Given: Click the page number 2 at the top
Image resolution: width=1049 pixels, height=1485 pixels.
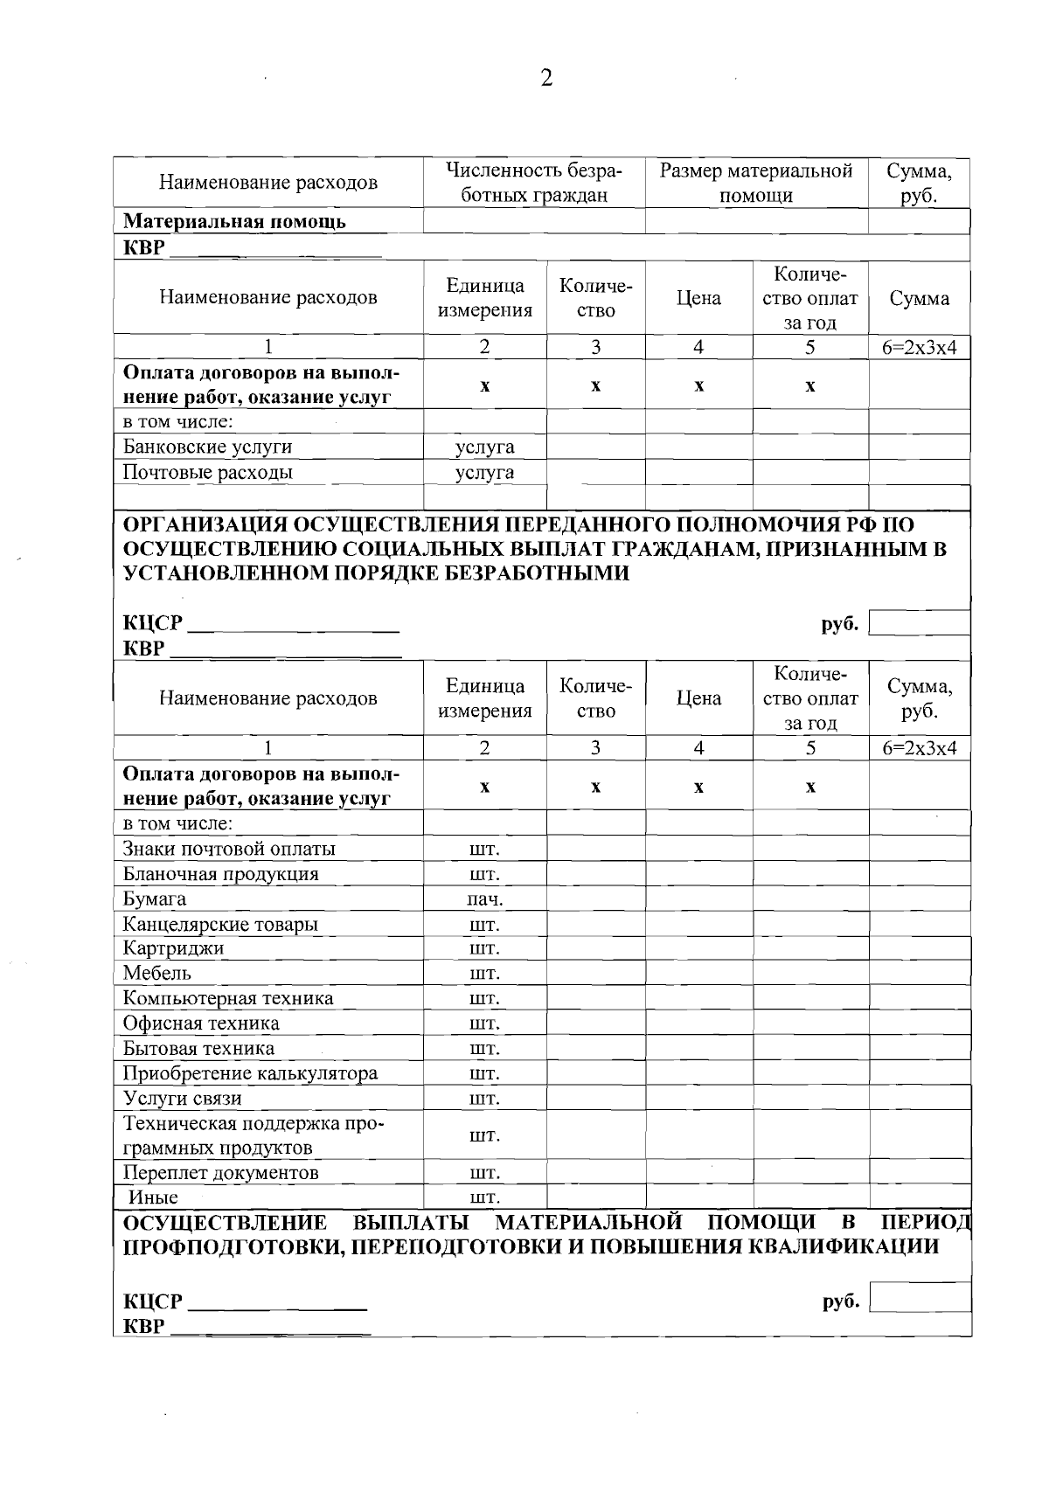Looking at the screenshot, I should pos(546,79).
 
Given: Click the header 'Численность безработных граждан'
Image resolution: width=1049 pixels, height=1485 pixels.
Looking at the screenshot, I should pos(533,183).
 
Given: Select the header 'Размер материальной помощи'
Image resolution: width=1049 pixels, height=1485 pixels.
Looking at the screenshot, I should pos(755,183).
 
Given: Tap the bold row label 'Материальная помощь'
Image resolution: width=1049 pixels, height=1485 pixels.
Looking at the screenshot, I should pos(233,222).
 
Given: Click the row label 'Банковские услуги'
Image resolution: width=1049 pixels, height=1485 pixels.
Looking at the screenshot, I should pos(207,448).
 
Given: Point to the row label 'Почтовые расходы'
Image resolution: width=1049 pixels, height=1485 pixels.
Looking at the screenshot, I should pos(207,473).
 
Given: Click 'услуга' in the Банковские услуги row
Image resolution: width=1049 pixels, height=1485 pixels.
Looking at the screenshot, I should pos(484,448).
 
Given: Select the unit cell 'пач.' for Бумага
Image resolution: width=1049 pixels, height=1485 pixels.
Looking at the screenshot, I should pos(484,899).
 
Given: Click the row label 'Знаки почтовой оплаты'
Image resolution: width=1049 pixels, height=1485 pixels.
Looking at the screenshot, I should pos(228,849).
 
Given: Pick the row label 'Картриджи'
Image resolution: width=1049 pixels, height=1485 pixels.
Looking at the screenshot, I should pos(173,948).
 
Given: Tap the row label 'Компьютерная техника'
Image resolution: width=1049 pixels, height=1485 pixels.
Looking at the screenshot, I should pos(227,998).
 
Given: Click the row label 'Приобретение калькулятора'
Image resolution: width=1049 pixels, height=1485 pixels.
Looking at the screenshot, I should pos(250,1073).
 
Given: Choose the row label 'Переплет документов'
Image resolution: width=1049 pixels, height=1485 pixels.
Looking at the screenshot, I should pos(220,1172).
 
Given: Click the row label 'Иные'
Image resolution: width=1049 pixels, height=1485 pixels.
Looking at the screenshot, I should pos(153,1197).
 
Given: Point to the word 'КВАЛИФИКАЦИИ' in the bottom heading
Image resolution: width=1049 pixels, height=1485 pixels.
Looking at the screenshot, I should pos(846,1246).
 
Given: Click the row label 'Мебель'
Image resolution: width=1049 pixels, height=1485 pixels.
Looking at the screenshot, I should pos(156,973).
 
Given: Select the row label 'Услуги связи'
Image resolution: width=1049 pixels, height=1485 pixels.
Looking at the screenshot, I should pos(182,1099).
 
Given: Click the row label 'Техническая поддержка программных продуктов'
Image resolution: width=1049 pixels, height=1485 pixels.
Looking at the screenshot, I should pos(254,1135).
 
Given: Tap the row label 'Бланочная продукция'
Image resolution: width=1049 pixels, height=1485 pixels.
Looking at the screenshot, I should pos(220,874).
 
